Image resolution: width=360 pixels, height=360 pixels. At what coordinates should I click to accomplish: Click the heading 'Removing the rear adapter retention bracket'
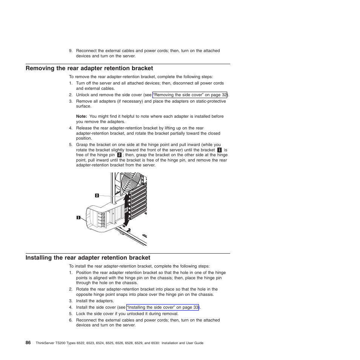pos(89,68)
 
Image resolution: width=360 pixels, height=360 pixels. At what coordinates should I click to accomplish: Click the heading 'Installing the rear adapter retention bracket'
pos(88,258)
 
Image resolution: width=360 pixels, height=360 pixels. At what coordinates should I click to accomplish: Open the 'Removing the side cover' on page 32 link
pos(190,95)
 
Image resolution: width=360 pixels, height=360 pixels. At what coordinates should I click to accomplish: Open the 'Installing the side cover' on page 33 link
pos(163,308)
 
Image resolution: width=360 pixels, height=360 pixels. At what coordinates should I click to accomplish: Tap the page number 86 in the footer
pos(28,343)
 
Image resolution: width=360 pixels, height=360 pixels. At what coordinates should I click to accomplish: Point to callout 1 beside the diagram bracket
pos(78,217)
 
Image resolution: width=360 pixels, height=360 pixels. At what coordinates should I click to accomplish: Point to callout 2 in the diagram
pos(97,195)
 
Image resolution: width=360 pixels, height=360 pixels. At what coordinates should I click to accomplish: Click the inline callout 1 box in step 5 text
pos(219,150)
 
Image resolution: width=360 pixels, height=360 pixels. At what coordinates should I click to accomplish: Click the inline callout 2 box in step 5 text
pos(119,155)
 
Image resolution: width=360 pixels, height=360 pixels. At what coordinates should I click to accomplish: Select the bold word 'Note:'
pos(82,117)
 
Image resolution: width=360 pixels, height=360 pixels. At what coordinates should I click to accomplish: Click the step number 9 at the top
pos(70,51)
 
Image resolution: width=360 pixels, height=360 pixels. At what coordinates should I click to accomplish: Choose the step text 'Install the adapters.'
pos(95,301)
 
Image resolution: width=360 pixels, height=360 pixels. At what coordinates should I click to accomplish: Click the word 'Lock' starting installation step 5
pos(80,314)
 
